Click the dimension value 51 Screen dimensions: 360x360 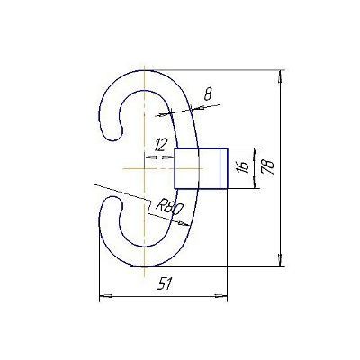(166, 283)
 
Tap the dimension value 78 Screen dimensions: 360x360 (267, 166)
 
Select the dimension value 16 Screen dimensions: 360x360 (244, 166)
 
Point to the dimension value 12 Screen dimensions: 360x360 (160, 146)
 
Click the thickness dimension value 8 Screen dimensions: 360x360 (208, 94)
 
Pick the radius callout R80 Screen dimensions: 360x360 (169, 208)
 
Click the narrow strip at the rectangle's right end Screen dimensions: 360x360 (224, 168)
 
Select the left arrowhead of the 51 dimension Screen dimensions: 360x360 (105, 296)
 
